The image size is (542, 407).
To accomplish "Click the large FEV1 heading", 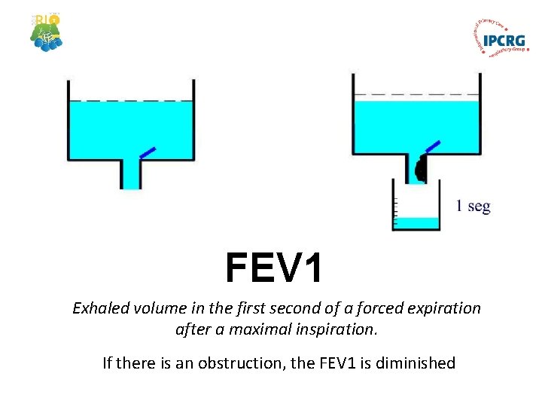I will (x=274, y=268).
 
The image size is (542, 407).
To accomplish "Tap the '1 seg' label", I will (x=473, y=206).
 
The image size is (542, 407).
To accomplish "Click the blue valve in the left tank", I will (x=148, y=152).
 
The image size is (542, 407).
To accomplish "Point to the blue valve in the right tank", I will (x=432, y=145).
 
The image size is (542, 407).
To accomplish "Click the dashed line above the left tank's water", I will (x=131, y=100).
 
